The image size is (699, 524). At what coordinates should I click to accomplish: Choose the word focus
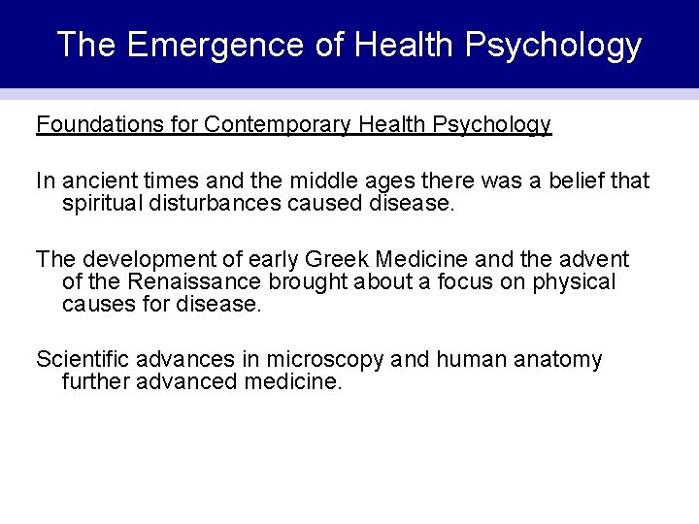[x=472, y=282]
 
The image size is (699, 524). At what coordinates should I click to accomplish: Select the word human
[x=470, y=360]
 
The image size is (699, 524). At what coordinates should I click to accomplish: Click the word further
[x=94, y=382]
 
